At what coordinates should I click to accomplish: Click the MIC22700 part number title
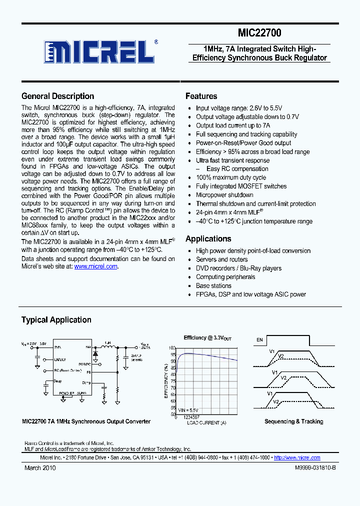259,33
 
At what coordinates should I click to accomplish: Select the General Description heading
57,96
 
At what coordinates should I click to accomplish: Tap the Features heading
201,96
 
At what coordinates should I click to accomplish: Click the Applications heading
208,238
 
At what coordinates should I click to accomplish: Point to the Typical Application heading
56,319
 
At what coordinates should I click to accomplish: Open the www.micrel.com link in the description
95,266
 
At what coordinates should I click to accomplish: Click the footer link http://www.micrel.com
297,457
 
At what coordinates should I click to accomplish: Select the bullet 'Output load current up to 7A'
232,125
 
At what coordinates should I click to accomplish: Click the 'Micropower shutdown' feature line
224,195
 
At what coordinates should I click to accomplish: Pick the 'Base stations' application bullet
213,285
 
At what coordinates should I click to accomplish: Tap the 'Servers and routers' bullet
221,259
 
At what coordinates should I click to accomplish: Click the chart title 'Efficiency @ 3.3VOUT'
207,338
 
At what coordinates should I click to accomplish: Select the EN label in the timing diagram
259,340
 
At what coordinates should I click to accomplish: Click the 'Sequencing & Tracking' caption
293,421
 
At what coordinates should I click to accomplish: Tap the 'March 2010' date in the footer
40,468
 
